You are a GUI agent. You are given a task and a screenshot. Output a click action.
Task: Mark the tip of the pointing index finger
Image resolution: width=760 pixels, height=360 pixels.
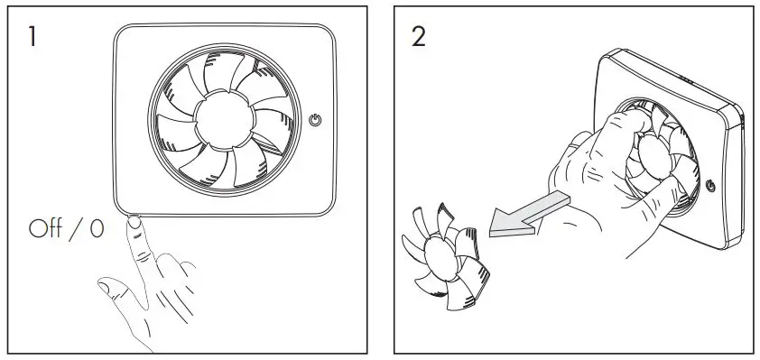coord(135,223)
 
